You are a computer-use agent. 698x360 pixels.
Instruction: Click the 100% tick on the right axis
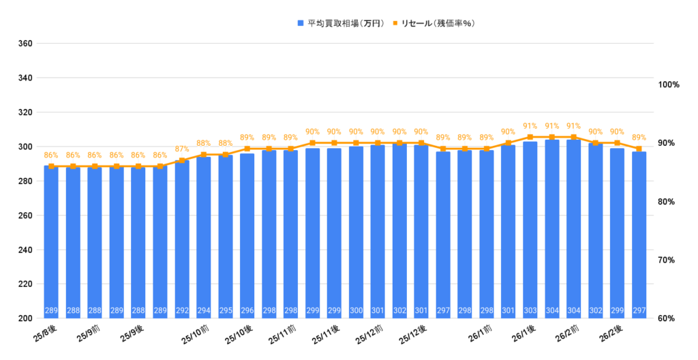(x=669, y=85)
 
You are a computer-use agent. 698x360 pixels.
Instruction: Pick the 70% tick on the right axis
(x=669, y=260)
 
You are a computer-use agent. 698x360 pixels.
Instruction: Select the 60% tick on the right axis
(x=669, y=318)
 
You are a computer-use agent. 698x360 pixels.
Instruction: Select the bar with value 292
(x=182, y=239)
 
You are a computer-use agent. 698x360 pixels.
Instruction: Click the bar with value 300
(x=356, y=232)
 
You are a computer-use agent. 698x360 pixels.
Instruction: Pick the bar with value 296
(x=247, y=235)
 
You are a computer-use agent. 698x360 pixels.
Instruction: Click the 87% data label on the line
(x=182, y=149)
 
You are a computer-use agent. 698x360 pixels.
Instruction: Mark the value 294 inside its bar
(x=204, y=311)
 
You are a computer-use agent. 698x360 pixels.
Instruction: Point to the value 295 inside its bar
(x=226, y=311)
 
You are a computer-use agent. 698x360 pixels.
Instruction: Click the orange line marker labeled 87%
(x=182, y=161)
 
